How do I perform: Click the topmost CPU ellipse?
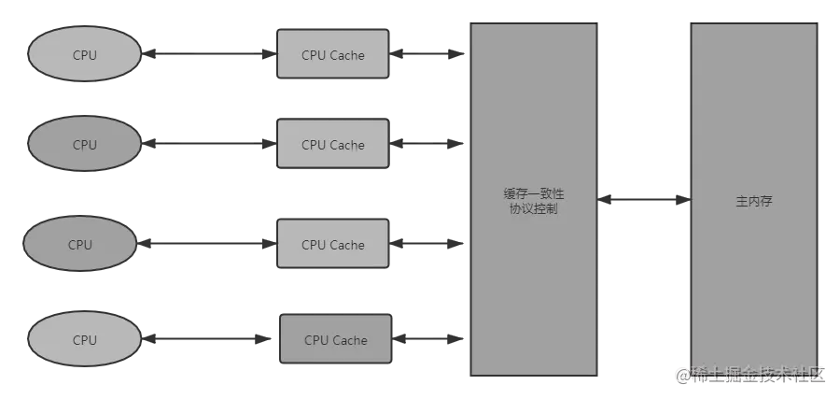(x=84, y=55)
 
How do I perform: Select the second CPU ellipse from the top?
(x=84, y=145)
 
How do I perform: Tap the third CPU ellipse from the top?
(x=80, y=245)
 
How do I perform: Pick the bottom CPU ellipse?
(x=84, y=340)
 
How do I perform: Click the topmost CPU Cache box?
(x=333, y=55)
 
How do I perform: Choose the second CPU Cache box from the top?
(x=333, y=145)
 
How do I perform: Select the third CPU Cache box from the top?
(x=333, y=245)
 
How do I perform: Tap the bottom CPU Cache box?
(x=336, y=340)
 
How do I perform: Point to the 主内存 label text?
(x=753, y=201)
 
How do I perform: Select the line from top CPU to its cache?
(x=209, y=54)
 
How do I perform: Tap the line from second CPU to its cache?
(x=209, y=145)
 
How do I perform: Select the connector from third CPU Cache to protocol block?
(x=429, y=245)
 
